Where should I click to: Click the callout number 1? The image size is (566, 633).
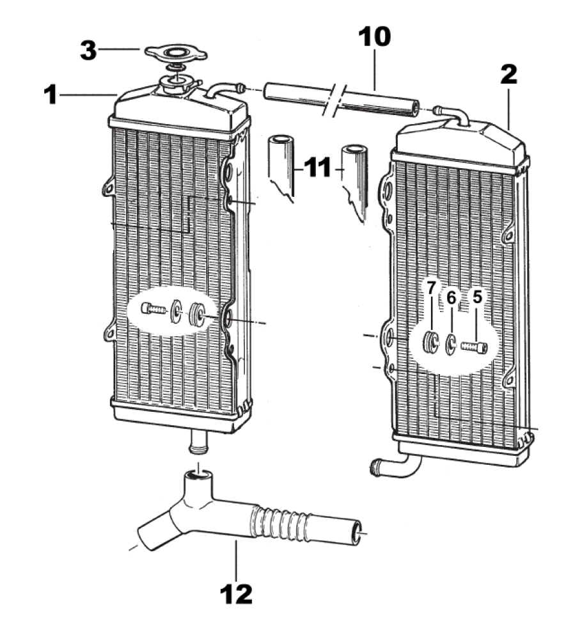[x=51, y=95]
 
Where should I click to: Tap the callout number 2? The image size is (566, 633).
[x=508, y=75]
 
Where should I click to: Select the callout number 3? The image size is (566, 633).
[x=88, y=51]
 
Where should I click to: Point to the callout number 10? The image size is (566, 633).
[x=375, y=36]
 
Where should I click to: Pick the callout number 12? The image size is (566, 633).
[x=236, y=594]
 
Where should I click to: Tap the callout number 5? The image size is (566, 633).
[x=477, y=297]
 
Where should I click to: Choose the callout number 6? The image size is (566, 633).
[x=451, y=298]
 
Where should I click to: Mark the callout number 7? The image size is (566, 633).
[x=431, y=288]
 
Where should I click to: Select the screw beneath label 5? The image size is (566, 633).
[x=475, y=347]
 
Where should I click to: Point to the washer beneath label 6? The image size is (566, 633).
[x=450, y=345]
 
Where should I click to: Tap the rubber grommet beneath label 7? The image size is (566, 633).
[x=432, y=343]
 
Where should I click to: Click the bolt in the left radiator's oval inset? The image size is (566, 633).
[x=154, y=309]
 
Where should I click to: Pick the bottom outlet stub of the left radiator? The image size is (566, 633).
[x=198, y=442]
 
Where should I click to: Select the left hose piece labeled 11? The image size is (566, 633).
[x=281, y=166]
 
